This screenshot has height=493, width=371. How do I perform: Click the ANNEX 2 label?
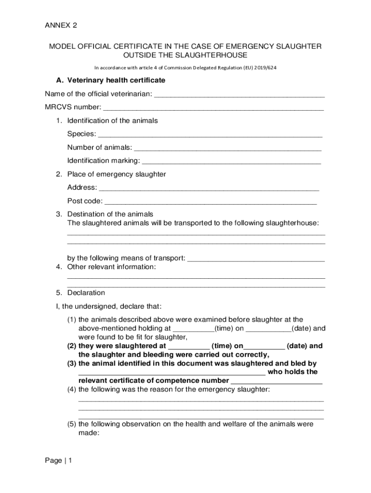[x=61, y=25]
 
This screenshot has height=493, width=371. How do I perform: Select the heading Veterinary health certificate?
[x=116, y=80]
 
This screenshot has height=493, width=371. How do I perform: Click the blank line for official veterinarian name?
[x=239, y=95]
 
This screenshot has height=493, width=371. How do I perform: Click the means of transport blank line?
[x=256, y=259]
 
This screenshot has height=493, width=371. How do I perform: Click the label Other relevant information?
[x=111, y=267]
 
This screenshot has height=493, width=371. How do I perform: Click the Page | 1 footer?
[x=58, y=461]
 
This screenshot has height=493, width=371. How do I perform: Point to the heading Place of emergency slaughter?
[x=116, y=174]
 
